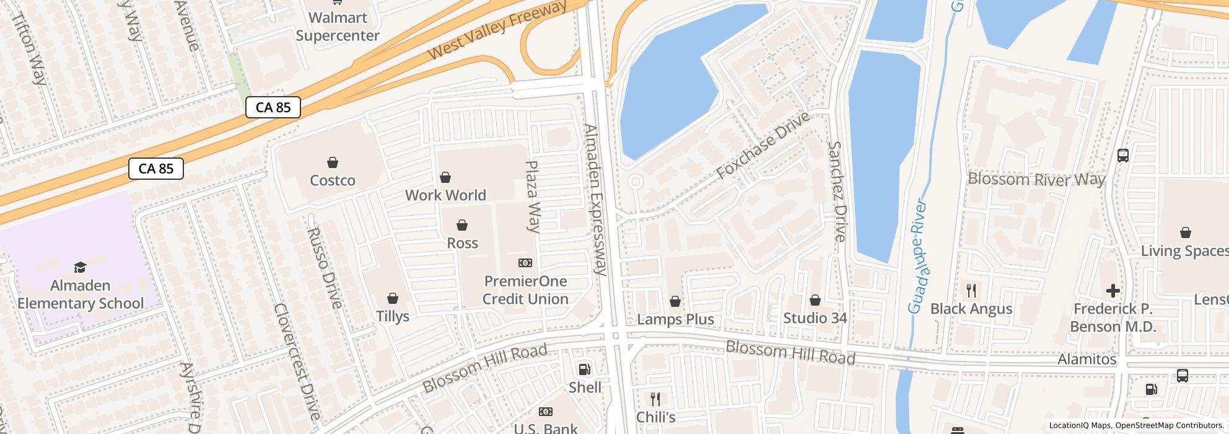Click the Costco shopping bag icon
333,162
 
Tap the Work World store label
445,195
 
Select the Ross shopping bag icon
462,225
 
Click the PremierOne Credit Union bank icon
525,263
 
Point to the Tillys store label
393,316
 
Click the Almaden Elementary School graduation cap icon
81,267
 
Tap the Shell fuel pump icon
584,370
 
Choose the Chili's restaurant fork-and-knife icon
655,399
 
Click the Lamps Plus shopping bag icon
675,301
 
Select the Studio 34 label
815,318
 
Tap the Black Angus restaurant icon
971,290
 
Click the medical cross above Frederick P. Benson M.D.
1113,290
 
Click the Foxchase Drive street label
763,146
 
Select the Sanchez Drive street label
836,191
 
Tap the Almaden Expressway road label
595,199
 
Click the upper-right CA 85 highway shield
273,107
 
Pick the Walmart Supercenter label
338,27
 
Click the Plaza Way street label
533,196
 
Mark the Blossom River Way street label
1036,179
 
